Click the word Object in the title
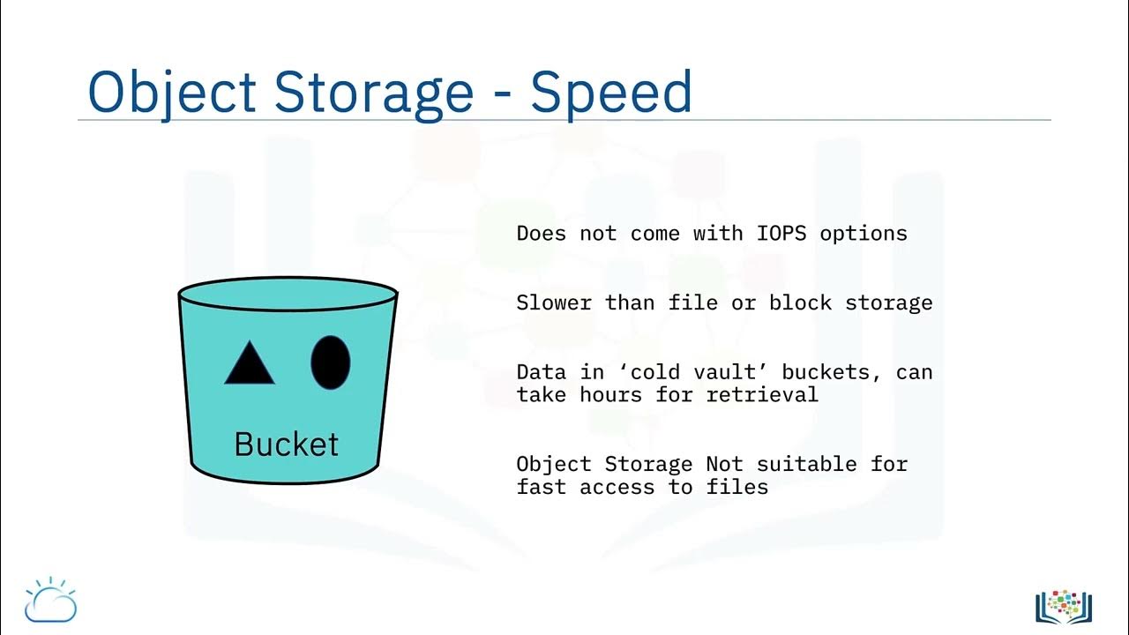pyautogui.click(x=172, y=91)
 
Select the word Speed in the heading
pyautogui.click(x=610, y=91)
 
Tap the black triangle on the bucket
pyautogui.click(x=250, y=363)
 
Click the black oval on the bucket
pyautogui.click(x=331, y=362)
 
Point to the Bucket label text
pyautogui.click(x=286, y=444)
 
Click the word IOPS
pyautogui.click(x=781, y=234)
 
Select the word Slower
pyautogui.click(x=554, y=303)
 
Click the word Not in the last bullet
pyautogui.click(x=724, y=464)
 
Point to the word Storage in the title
pyautogui.click(x=374, y=91)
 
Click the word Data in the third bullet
pyautogui.click(x=541, y=371)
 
